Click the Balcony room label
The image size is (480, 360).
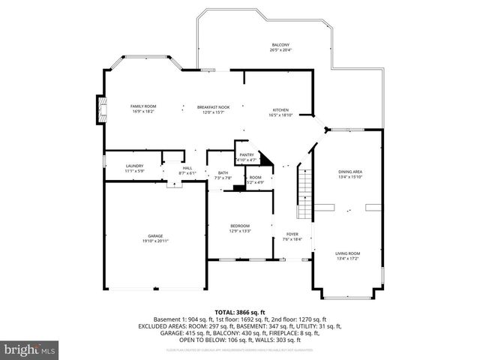pyautogui.click(x=279, y=45)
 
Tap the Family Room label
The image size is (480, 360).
pyautogui.click(x=143, y=106)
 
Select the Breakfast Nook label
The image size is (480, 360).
pyautogui.click(x=213, y=106)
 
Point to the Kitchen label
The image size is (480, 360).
pyautogui.click(x=280, y=109)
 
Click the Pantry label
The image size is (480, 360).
pyautogui.click(x=246, y=154)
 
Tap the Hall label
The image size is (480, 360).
pyautogui.click(x=187, y=168)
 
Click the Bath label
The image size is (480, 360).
pyautogui.click(x=223, y=172)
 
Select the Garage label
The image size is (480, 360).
pyautogui.click(x=155, y=235)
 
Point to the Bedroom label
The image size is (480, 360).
pyautogui.click(x=240, y=226)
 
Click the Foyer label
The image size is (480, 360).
pyautogui.click(x=291, y=234)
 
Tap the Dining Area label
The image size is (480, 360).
pyautogui.click(x=351, y=172)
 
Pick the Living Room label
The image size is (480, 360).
pyautogui.click(x=347, y=253)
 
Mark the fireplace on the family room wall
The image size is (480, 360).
pyautogui.click(x=98, y=109)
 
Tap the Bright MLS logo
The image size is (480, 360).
pyautogui.click(x=30, y=349)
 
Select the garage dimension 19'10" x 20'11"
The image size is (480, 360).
pyautogui.click(x=155, y=241)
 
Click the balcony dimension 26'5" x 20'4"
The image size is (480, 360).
pyautogui.click(x=279, y=50)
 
